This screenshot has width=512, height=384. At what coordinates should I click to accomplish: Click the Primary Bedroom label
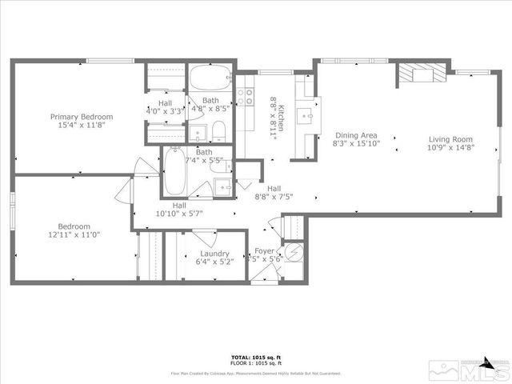tap(81, 117)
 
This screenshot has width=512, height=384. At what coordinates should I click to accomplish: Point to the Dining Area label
tap(356, 135)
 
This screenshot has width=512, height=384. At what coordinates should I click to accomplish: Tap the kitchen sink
tap(307, 114)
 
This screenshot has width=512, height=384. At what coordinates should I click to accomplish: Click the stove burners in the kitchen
tap(248, 98)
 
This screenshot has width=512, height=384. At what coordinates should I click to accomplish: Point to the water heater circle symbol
tap(294, 254)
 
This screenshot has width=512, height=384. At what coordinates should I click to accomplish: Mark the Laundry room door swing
tap(203, 237)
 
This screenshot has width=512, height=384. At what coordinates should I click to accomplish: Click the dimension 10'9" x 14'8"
tap(450, 147)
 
